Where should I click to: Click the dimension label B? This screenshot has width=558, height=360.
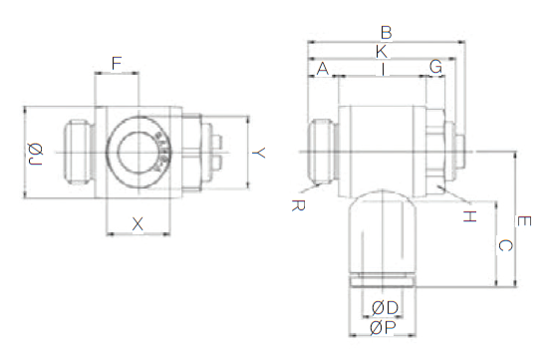(x=387, y=32)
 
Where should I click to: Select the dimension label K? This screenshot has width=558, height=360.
(x=381, y=52)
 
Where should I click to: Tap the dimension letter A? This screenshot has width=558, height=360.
(x=323, y=69)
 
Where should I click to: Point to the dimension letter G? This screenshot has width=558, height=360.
(x=435, y=67)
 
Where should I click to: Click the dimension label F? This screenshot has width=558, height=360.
(x=117, y=64)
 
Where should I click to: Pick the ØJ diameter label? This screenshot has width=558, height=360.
(x=35, y=154)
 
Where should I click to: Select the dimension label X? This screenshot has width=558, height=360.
(x=138, y=224)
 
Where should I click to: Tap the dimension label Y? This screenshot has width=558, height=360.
(x=259, y=153)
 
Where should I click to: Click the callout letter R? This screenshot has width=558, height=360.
(x=298, y=205)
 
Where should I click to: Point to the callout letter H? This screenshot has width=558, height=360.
(x=469, y=216)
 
